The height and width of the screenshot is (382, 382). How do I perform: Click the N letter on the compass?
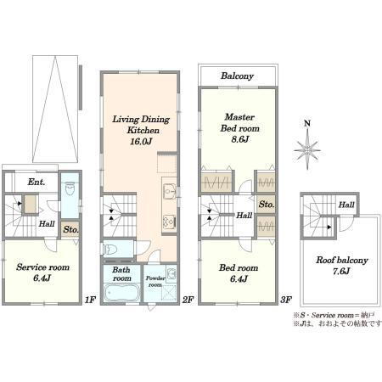307,123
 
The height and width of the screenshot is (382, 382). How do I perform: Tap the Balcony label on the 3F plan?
237,76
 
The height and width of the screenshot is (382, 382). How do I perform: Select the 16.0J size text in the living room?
141,141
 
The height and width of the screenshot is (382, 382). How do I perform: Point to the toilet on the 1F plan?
70,188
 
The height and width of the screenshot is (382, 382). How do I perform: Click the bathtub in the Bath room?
121,293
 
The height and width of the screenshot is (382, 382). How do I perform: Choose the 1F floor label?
90,300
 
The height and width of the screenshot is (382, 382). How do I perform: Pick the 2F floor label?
188,300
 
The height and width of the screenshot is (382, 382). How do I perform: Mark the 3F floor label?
286,300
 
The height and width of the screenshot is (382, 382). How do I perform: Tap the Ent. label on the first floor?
37,182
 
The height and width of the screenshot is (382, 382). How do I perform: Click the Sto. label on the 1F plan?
70,229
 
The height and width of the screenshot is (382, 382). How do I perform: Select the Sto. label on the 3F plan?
267,204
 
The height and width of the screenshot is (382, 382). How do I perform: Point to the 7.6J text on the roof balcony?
341,271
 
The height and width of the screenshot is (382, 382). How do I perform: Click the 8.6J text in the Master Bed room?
239,139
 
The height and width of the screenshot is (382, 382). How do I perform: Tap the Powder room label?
155,281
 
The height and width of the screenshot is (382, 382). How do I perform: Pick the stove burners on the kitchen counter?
170,222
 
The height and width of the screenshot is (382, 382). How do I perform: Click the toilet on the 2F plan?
110,250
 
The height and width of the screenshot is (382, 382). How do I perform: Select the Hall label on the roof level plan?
346,205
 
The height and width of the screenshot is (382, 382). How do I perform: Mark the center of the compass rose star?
307,149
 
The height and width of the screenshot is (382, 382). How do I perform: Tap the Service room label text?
42,267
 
